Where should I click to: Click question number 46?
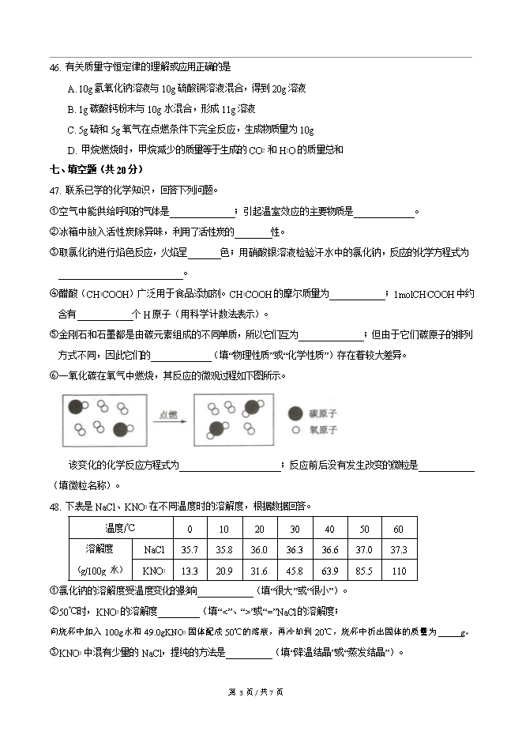[54, 69]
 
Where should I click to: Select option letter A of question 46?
[72, 89]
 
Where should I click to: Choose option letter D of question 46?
[72, 149]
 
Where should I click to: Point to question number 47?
[54, 190]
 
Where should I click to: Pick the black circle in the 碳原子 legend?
[294, 413]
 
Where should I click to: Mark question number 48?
[54, 506]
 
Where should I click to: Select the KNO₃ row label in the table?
[154, 571]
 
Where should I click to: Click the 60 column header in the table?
[398, 528]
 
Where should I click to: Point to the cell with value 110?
[398, 571]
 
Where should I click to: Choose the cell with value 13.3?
[190, 571]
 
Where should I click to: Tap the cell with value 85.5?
[364, 571]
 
